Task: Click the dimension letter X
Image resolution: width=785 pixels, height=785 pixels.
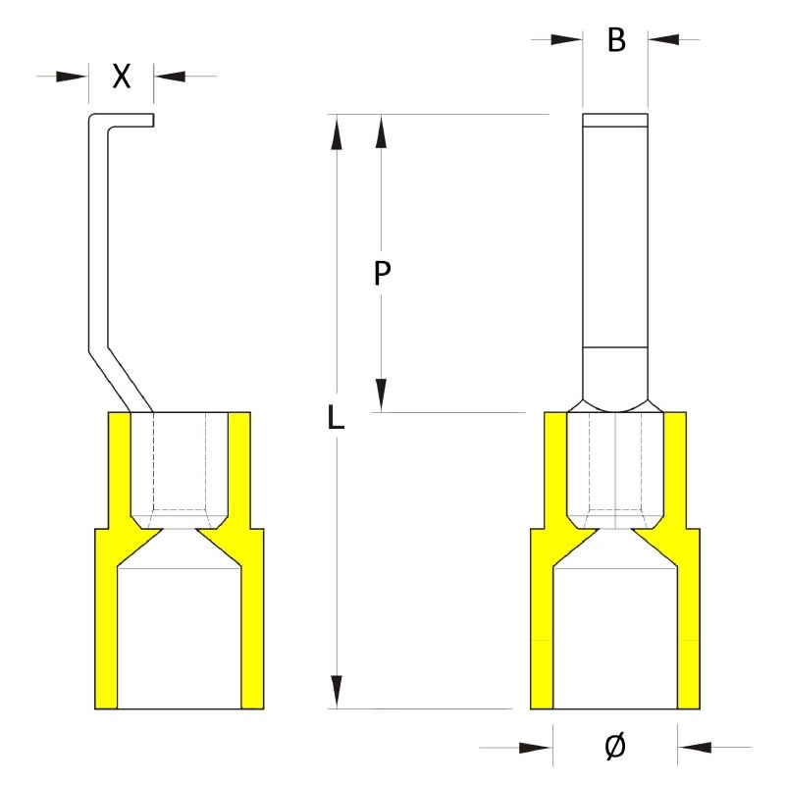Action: (x=121, y=77)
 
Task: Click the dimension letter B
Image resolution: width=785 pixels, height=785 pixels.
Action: (x=615, y=40)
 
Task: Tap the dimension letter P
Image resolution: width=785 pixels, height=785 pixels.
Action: (x=383, y=274)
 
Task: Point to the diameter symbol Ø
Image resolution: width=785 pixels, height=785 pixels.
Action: (x=614, y=748)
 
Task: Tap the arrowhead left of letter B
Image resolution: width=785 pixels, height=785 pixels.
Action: (x=567, y=39)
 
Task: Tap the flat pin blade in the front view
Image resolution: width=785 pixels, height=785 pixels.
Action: (x=614, y=235)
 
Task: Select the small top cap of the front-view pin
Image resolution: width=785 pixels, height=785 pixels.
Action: (x=614, y=121)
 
